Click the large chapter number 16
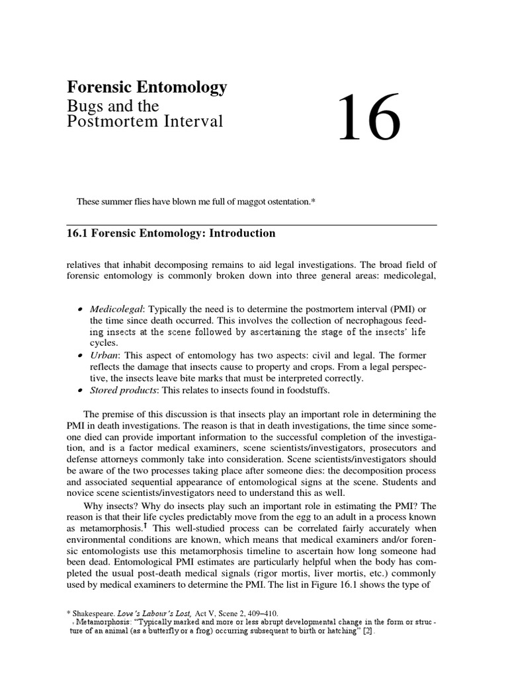click(369, 118)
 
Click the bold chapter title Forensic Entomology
click(147, 87)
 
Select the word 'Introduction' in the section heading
click(242, 233)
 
